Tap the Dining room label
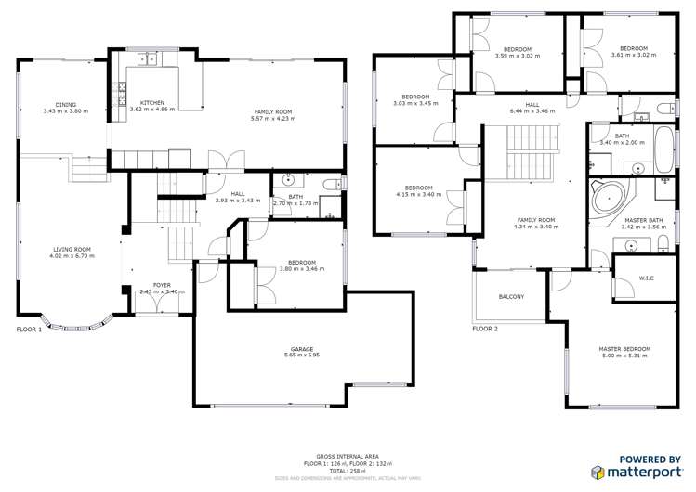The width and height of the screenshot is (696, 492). point(65,105)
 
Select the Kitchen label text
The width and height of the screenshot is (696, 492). point(152,102)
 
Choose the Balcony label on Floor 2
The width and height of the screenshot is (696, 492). point(511,297)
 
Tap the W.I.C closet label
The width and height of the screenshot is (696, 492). point(648,278)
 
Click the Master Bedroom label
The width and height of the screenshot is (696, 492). point(624,349)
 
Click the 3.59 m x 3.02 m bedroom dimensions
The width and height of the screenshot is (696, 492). point(518,55)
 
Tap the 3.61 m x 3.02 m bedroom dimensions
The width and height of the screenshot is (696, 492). point(633,55)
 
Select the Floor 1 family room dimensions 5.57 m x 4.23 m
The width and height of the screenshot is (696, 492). point(273,119)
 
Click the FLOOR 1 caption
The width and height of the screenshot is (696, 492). point(29,330)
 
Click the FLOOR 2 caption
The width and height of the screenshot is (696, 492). point(485,329)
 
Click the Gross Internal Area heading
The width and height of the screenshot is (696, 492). point(348,456)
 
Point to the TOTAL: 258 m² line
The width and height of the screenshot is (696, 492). point(348,471)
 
